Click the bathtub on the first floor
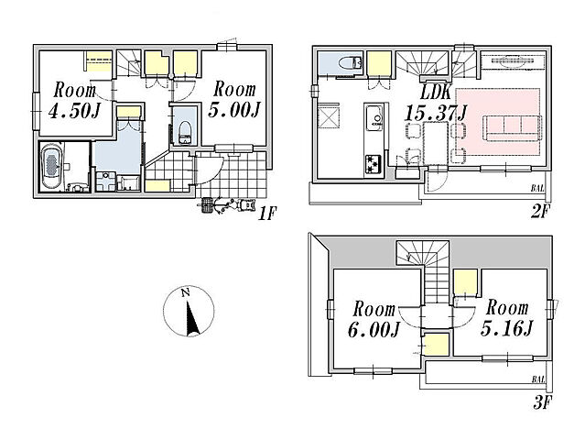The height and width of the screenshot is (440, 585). coord(52,167)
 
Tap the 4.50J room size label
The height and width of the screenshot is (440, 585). coord(75,111)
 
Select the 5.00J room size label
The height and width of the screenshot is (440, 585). coord(234,110)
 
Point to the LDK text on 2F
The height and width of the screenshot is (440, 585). coord(437,93)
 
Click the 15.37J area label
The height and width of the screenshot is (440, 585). coord(436,113)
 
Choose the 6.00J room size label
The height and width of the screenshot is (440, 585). coord(374,330)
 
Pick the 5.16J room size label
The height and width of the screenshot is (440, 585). coord(506,329)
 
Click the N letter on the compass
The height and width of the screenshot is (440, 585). coord(185,292)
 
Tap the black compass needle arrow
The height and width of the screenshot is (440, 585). coord(192,318)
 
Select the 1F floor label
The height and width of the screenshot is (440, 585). coord(266,214)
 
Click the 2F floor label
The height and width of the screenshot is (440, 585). coord(539,212)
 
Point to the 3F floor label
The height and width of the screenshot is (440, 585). coord(542,402)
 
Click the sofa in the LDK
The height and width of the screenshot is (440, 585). coord(514,127)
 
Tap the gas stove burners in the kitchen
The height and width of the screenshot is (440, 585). coord(374,165)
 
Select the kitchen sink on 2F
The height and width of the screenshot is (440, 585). coord(374,118)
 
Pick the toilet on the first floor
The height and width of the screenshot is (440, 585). coord(185,133)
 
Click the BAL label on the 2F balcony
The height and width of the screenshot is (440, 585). coord(537,189)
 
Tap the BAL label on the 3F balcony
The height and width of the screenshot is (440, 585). coord(538,379)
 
